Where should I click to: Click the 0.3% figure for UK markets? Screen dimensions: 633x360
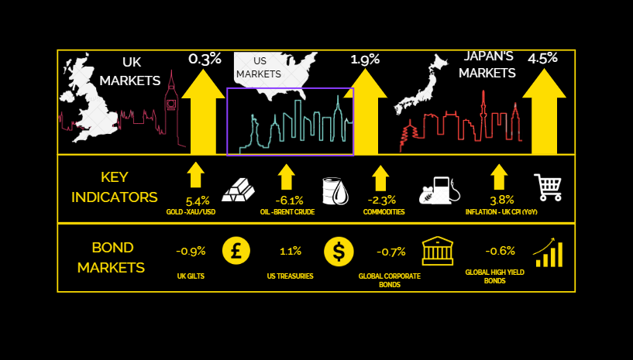205,59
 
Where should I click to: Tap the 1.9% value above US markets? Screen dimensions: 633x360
365,59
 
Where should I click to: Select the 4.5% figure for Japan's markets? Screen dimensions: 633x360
542,59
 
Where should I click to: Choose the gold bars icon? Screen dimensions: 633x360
238,189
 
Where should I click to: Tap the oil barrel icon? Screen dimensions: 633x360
335,190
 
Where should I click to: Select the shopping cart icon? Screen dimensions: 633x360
548,187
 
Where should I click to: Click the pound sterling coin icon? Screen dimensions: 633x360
236,251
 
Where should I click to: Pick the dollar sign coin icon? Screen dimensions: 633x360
339,251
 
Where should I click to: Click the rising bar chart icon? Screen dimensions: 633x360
548,252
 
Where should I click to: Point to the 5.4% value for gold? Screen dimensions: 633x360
198,201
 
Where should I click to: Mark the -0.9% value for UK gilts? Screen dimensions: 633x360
191,251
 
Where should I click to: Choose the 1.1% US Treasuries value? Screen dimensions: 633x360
291,251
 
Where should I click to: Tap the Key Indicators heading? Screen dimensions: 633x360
114,187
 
